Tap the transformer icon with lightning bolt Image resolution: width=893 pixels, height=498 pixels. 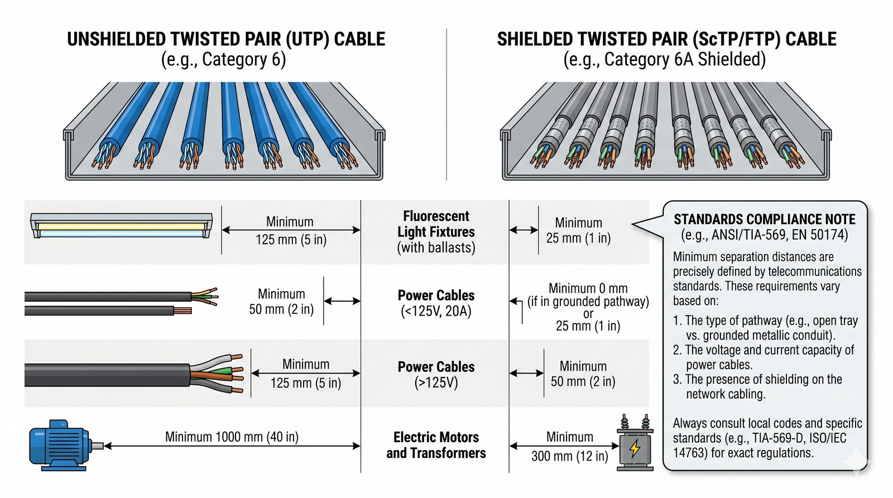[635, 445]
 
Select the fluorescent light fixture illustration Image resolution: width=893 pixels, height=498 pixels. [121, 225]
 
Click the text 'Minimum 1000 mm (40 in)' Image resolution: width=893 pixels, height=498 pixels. [232, 437]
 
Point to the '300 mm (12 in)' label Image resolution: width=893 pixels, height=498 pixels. [569, 456]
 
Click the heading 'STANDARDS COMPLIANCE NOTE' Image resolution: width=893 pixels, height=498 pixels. [764, 219]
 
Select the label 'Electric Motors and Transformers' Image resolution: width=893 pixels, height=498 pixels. [436, 445]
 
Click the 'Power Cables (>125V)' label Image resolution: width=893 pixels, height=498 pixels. [436, 374]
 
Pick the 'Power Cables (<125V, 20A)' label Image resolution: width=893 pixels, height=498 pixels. [436, 303]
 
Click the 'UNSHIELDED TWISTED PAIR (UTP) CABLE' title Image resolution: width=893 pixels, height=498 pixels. [226, 39]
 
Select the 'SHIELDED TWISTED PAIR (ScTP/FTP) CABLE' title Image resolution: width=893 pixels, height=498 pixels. [666, 39]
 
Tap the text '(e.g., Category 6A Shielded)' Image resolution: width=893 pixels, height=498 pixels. [664, 59]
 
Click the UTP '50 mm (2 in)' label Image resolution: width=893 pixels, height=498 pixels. [281, 309]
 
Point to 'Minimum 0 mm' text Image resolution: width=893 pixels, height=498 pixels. [588, 288]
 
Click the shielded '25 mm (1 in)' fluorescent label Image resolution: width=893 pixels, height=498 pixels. [578, 238]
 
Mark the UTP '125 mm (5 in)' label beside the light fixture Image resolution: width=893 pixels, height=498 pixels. [291, 240]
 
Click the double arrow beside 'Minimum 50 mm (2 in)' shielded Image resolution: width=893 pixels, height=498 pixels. [526, 374]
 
